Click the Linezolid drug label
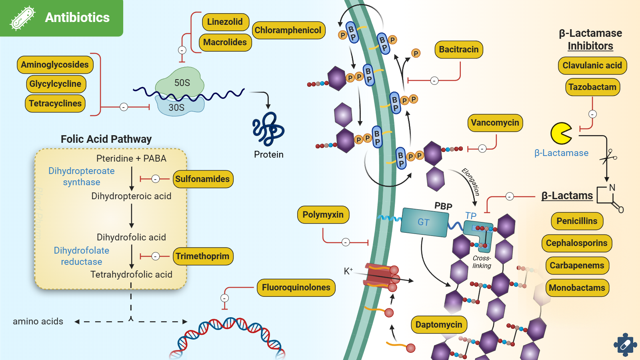tap(225, 22)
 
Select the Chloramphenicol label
tap(288, 30)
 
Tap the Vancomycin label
tap(495, 122)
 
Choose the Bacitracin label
tap(458, 50)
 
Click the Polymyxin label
tap(323, 215)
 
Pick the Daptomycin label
tap(439, 324)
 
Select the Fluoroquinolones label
tap(296, 288)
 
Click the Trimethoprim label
tap(202, 256)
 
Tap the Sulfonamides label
tap(202, 179)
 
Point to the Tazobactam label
tap(592, 87)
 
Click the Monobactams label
tap(577, 288)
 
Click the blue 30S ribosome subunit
tap(178, 107)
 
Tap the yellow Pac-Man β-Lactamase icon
tap(561, 133)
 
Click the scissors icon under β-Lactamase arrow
tap(608, 156)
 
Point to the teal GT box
tap(424, 222)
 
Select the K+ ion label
tap(348, 271)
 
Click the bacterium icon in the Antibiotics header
tap(22, 18)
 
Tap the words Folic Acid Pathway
tap(106, 139)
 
